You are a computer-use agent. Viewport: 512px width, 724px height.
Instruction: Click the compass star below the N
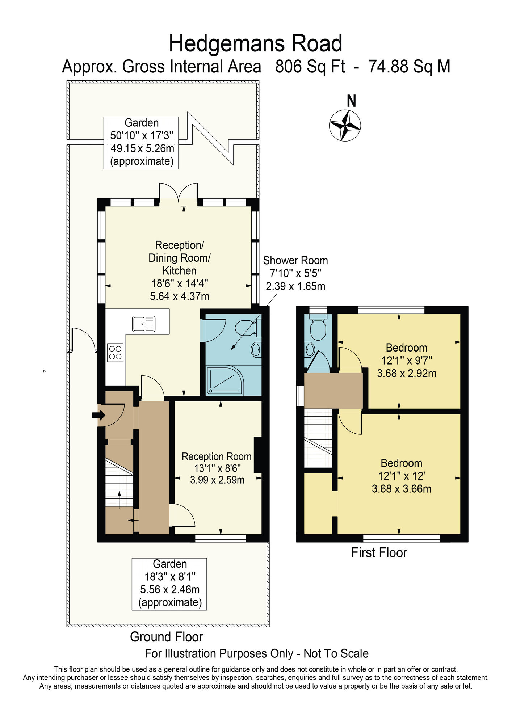click(345, 125)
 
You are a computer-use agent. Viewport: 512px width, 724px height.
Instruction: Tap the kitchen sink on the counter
click(144, 324)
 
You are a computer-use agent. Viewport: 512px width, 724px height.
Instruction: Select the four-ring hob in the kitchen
click(115, 353)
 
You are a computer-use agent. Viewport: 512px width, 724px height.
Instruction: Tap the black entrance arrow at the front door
click(98, 415)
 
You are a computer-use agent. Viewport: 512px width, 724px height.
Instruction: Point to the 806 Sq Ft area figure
click(310, 67)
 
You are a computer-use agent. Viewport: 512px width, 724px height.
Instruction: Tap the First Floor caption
click(379, 553)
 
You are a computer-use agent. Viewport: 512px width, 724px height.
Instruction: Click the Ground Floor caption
click(167, 637)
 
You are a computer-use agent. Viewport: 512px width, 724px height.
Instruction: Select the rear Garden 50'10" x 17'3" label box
click(141, 143)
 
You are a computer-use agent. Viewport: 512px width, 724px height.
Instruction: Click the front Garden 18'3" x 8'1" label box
click(169, 584)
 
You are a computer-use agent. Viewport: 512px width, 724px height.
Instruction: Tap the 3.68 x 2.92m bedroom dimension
click(407, 373)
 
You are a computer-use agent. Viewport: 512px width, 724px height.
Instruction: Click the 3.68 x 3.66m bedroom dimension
click(402, 489)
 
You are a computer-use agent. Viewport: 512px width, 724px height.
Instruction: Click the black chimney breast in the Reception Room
click(258, 455)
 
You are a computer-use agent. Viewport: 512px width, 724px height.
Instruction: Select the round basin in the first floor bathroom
click(310, 350)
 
